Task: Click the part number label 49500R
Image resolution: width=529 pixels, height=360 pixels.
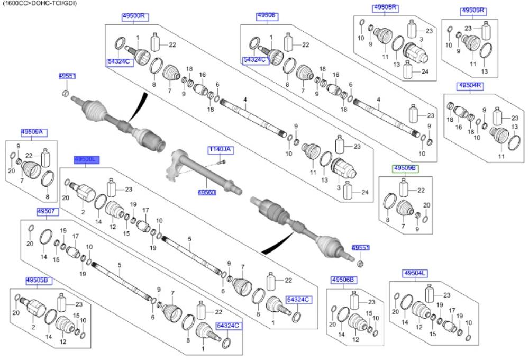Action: pyautogui.click(x=133, y=16)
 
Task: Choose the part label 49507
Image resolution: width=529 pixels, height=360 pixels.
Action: pyautogui.click(x=47, y=212)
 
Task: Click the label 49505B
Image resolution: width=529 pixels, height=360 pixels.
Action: pyautogui.click(x=39, y=280)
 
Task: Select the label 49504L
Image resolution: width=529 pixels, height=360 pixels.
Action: pyautogui.click(x=415, y=273)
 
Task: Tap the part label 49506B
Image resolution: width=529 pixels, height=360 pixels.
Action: pyautogui.click(x=344, y=280)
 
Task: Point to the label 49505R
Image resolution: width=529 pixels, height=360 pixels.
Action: pyautogui.click(x=386, y=8)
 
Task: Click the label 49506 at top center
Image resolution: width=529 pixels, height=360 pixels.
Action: pyautogui.click(x=266, y=16)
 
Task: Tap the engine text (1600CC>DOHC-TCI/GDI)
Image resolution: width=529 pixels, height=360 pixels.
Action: pyautogui.click(x=39, y=3)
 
